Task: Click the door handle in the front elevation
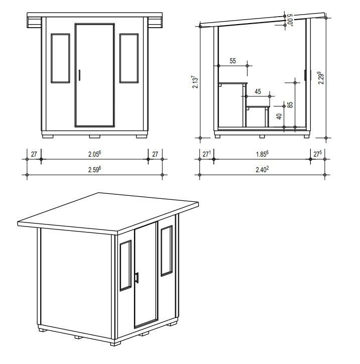pyautogui.click(x=79, y=75)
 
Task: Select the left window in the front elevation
pyautogui.click(x=60, y=58)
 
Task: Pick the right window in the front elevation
pyautogui.click(x=129, y=58)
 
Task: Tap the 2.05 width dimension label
pyautogui.click(x=95, y=154)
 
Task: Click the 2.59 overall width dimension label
pyautogui.click(x=95, y=170)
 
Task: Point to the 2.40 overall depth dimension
pyautogui.click(x=262, y=170)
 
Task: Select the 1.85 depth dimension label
pyautogui.click(x=262, y=154)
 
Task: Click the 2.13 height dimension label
pyautogui.click(x=195, y=82)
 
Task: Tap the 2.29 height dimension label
pyautogui.click(x=321, y=78)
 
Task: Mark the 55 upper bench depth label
pyautogui.click(x=233, y=61)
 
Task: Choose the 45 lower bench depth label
pyautogui.click(x=258, y=91)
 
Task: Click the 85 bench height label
pyautogui.click(x=290, y=105)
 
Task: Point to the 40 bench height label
pyautogui.click(x=279, y=116)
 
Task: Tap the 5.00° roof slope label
pyautogui.click(x=290, y=20)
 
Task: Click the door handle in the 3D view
pyautogui.click(x=137, y=278)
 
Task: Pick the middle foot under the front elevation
pyautogui.click(x=95, y=137)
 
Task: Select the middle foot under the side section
pyautogui.click(x=262, y=137)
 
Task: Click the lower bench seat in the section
pyautogui.click(x=258, y=107)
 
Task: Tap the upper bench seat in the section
pyautogui.click(x=233, y=83)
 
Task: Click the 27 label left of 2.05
pyautogui.click(x=34, y=154)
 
